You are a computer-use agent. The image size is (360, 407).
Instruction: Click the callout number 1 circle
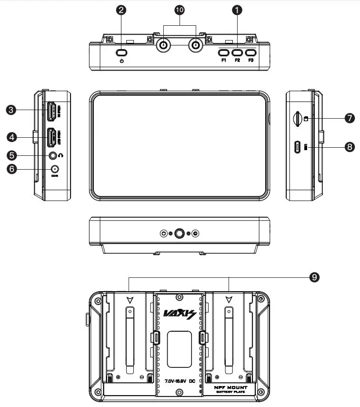237,9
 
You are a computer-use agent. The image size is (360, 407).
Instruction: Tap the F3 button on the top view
251,52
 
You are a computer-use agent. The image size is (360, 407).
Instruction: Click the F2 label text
237,61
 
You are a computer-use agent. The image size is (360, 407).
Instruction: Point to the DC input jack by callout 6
55,169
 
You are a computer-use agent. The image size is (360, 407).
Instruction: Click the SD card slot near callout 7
296,119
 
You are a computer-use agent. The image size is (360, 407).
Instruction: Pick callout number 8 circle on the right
350,147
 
